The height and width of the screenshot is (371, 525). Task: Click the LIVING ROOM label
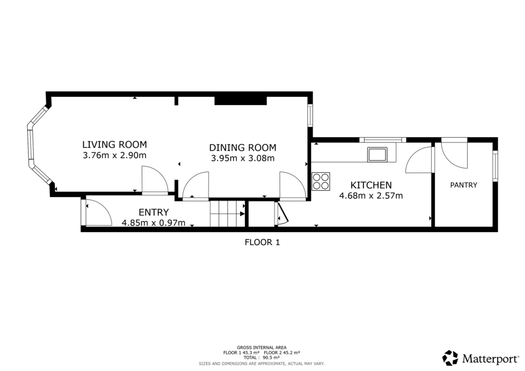coord(115,144)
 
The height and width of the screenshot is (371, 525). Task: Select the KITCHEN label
coord(371,185)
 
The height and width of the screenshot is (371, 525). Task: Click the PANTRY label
coord(463,185)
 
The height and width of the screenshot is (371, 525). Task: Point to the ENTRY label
coord(154,212)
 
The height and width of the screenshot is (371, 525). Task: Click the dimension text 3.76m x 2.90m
coord(115,155)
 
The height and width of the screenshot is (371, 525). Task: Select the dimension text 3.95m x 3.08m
coord(243,158)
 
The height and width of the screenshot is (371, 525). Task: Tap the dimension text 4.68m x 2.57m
coord(371,195)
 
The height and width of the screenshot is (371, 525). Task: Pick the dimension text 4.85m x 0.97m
coord(154,223)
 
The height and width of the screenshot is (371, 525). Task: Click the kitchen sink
coord(378,154)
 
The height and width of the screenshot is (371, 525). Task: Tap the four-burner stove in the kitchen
coord(321,181)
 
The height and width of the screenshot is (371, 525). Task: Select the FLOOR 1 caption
coord(262,242)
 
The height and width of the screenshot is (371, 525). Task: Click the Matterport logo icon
coord(450,357)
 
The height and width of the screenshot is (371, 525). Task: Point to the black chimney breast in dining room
coord(240,100)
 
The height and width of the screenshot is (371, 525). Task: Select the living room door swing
coord(154,180)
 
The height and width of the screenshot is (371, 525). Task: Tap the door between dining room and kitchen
coord(293,186)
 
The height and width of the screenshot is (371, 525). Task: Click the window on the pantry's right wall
coord(495,165)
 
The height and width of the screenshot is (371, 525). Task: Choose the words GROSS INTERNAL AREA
coord(261,347)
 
